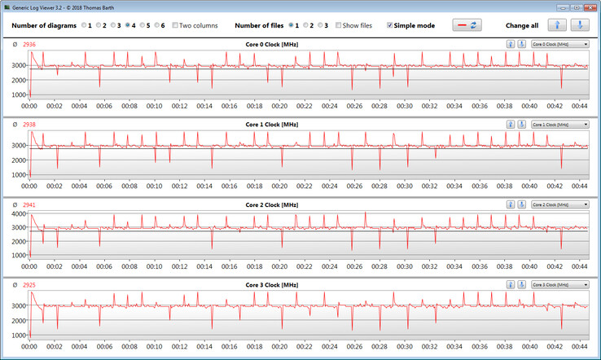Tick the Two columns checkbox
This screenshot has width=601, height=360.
pos(175,25)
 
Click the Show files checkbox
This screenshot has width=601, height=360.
pos(339,25)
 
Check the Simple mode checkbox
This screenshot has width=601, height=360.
pos(390,25)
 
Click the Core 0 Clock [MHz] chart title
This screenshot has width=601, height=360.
pos(272,43)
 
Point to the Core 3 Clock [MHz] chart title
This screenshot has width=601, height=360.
pos(272,285)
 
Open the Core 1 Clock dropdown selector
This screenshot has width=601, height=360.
pos(559,124)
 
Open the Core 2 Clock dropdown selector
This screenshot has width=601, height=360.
pos(559,204)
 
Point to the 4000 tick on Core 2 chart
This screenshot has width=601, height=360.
pos(20,213)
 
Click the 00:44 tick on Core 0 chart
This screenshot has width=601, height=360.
pos(579,106)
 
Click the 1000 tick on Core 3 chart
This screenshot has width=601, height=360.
pos(20,338)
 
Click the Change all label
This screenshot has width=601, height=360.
pos(521,25)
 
